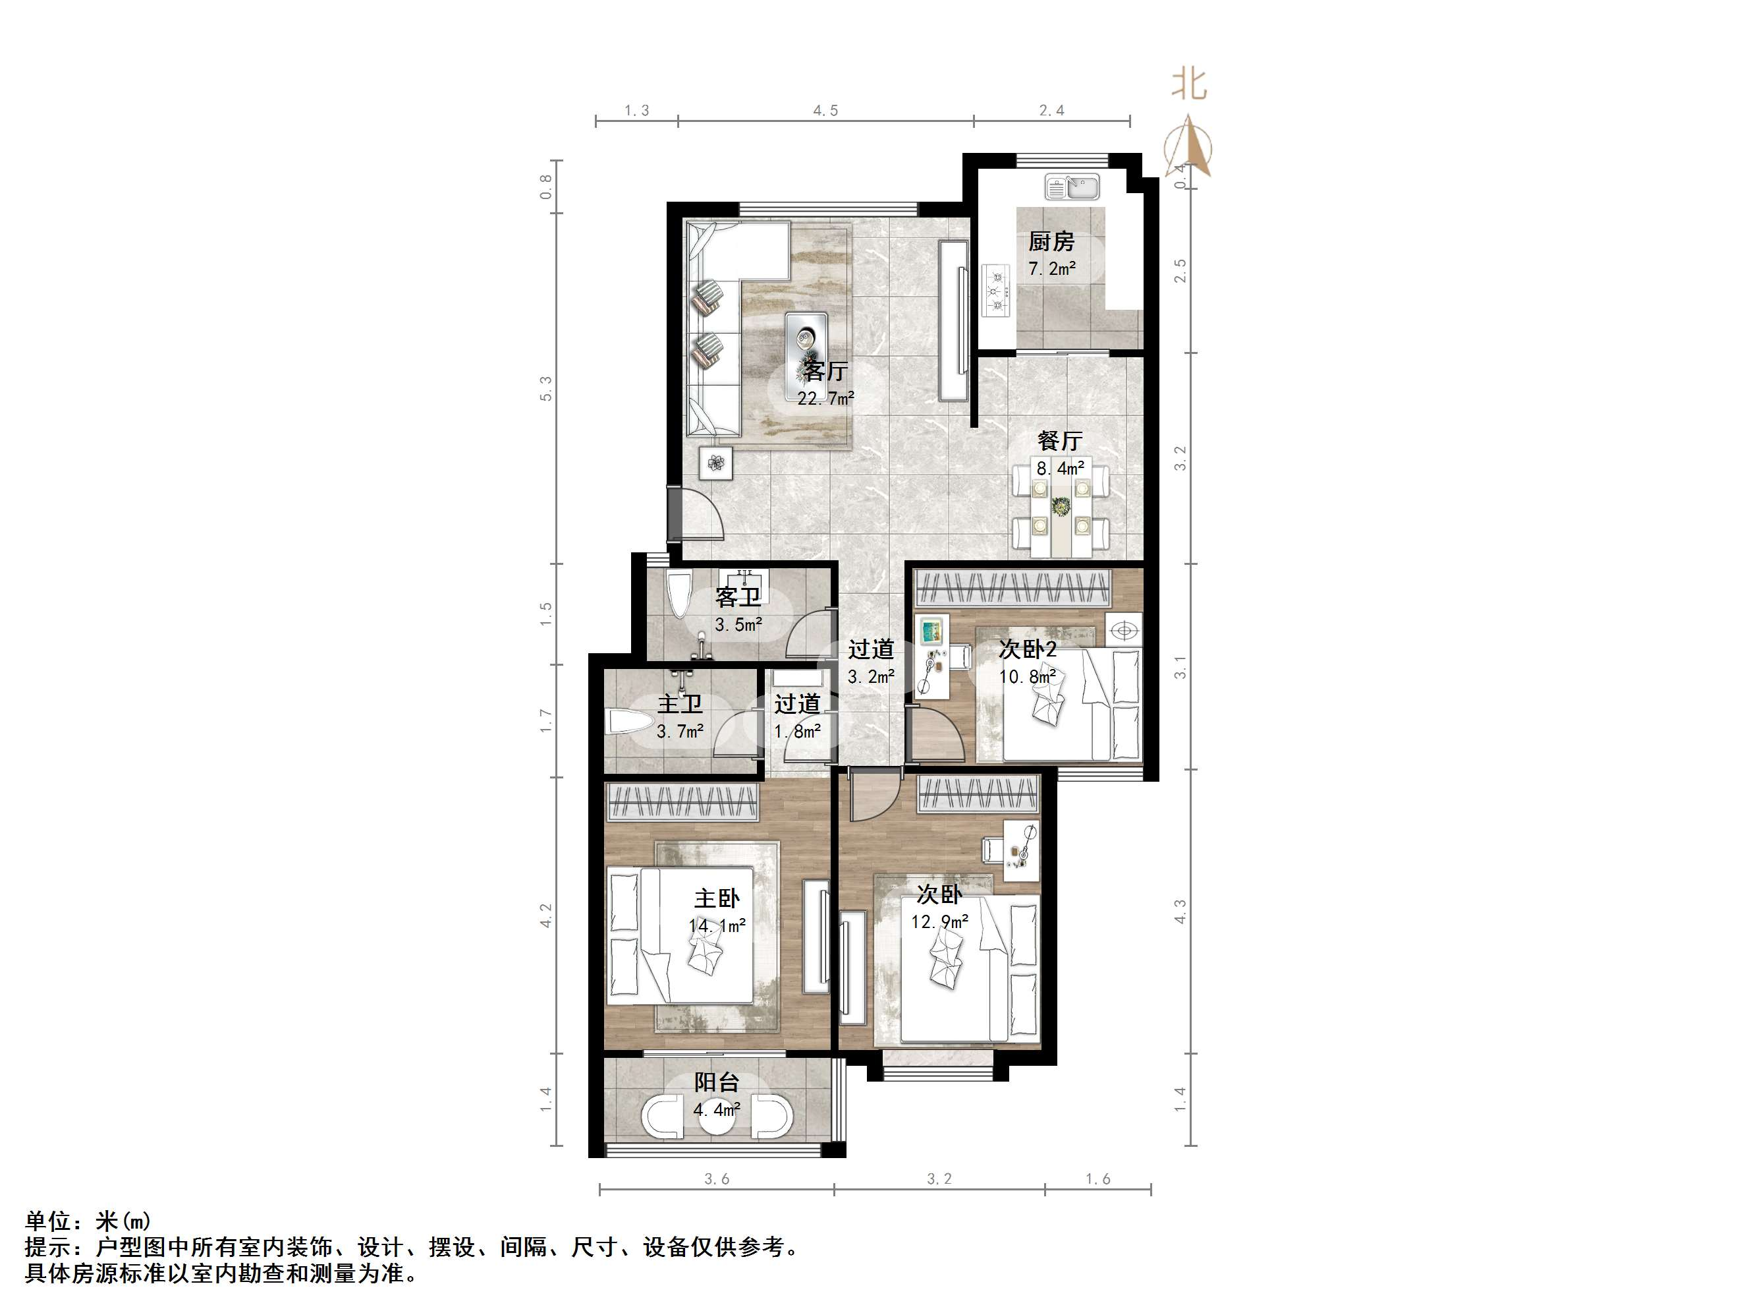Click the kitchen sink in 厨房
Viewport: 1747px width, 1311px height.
[x=1072, y=187]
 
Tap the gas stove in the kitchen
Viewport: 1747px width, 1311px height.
[x=997, y=290]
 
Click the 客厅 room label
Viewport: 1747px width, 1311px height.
[x=825, y=370]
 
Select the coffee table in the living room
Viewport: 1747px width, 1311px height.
[x=806, y=345]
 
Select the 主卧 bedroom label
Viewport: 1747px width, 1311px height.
[x=716, y=898]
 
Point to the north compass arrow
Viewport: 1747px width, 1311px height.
[x=1188, y=146]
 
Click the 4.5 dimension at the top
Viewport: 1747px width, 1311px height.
[x=825, y=111]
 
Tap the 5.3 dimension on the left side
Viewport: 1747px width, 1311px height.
[x=545, y=388]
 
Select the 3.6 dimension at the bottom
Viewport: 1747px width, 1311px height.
[x=716, y=1179]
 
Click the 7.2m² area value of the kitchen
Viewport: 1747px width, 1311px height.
[x=1051, y=269]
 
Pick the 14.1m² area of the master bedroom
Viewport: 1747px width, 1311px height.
[x=716, y=925]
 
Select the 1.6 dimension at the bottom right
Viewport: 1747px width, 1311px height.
[x=1097, y=1179]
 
